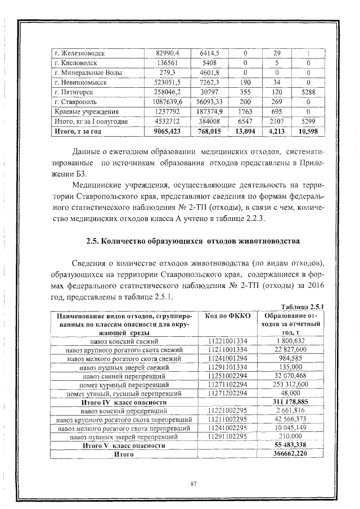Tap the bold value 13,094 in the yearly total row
245,131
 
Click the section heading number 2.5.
94,241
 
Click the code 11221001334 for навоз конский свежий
227,341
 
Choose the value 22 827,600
291,349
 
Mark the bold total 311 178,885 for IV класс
291,402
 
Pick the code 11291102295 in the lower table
227,436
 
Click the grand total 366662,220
291,453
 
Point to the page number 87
193,483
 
